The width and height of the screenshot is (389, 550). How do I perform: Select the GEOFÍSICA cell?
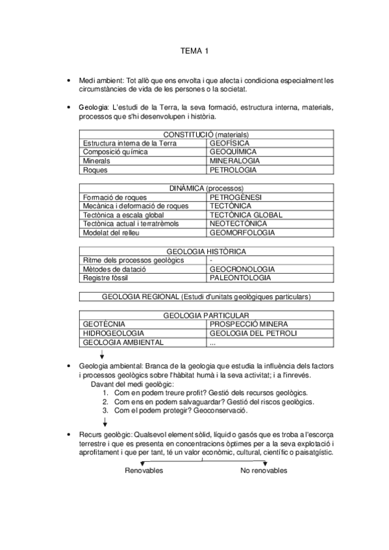[x=229, y=143]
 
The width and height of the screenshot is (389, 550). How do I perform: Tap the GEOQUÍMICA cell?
[x=234, y=152]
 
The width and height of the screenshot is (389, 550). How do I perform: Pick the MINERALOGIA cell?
[x=235, y=161]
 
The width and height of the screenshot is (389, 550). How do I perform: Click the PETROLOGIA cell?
[x=233, y=170]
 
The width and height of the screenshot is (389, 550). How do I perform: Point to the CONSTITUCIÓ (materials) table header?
[x=206, y=134]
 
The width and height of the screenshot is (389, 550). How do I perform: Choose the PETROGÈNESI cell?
[x=236, y=197]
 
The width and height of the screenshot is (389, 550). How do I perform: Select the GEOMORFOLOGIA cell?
[x=242, y=232]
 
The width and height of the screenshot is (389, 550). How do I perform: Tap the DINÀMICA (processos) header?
[x=206, y=187]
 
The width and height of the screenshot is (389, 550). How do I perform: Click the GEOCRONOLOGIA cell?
[x=242, y=269]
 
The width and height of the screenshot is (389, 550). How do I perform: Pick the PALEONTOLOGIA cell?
[x=240, y=278]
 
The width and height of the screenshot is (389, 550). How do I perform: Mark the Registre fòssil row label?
[x=105, y=278]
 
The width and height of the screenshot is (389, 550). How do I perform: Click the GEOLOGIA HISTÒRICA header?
[x=206, y=251]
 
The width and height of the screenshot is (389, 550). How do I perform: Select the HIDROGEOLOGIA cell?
[x=114, y=333]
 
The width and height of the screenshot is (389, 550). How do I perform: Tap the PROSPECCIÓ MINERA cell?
[x=249, y=324]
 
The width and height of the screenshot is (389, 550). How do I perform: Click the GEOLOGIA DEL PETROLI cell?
[x=253, y=333]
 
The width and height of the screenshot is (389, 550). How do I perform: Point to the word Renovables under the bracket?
[x=144, y=470]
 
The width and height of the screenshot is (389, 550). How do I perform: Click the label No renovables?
[x=263, y=470]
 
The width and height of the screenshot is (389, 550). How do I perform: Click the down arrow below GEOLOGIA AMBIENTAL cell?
[x=102, y=355]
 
